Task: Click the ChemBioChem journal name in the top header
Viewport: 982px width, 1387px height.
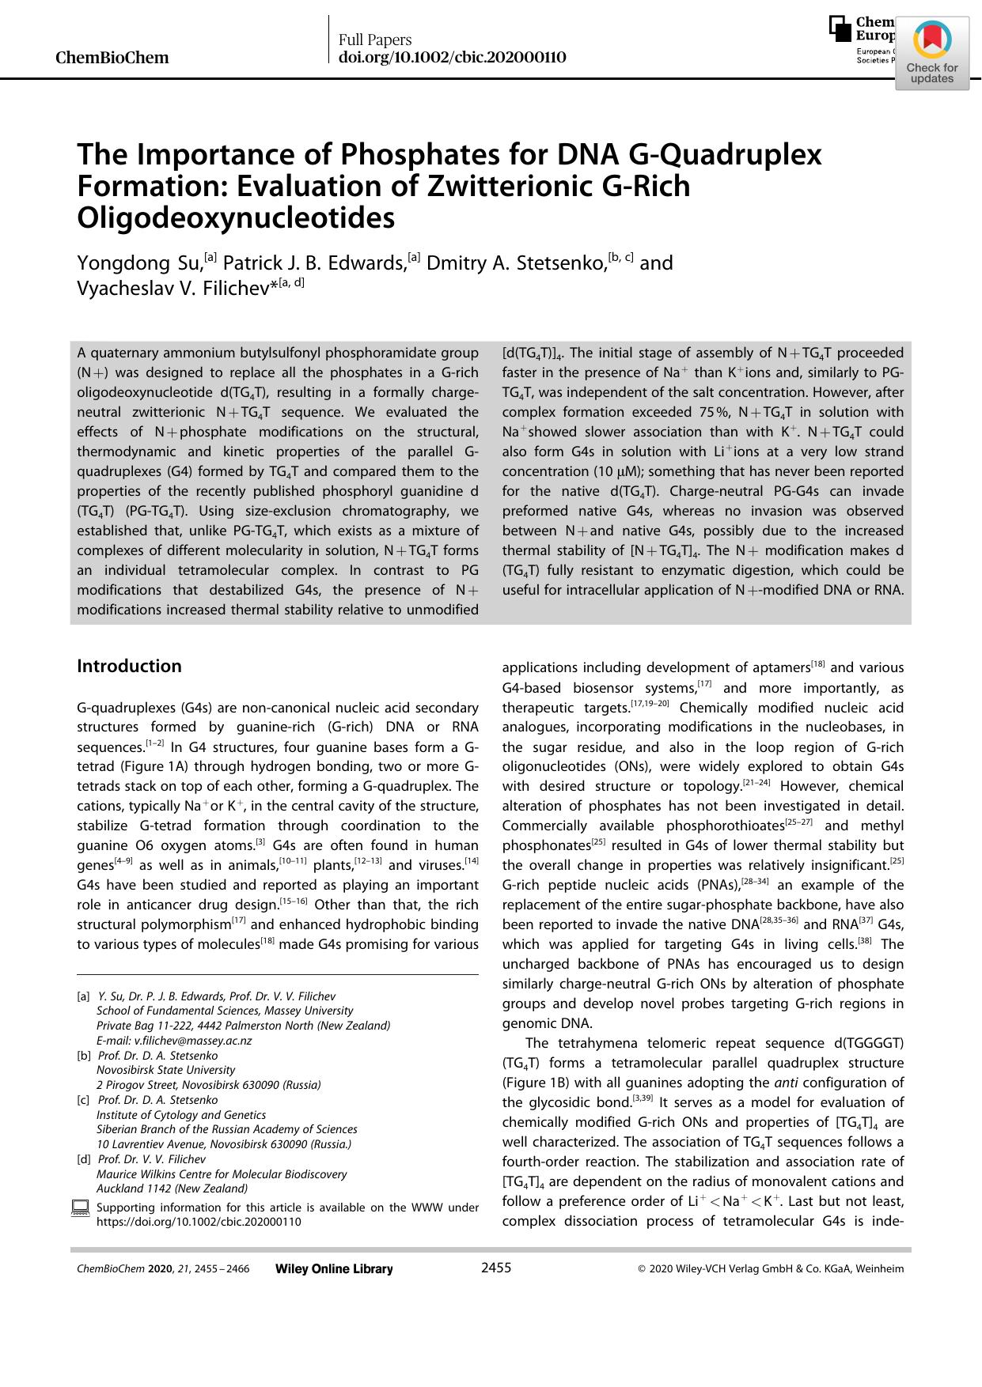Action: pos(112,58)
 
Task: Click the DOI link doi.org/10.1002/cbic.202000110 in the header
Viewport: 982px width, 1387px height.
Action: pos(452,58)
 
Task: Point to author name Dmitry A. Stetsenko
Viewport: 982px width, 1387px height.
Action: pos(515,263)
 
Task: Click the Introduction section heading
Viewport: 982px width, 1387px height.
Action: pos(129,666)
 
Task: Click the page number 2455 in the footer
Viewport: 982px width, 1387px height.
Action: pos(496,1268)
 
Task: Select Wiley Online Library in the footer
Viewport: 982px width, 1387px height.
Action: pos(334,1268)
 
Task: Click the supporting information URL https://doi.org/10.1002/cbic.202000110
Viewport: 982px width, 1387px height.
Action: pos(199,1221)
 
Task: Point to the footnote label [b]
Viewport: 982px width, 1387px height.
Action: pos(83,1056)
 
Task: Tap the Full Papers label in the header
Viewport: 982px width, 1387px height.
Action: pos(375,40)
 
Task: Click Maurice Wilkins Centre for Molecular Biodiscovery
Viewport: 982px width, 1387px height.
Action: pos(222,1173)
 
